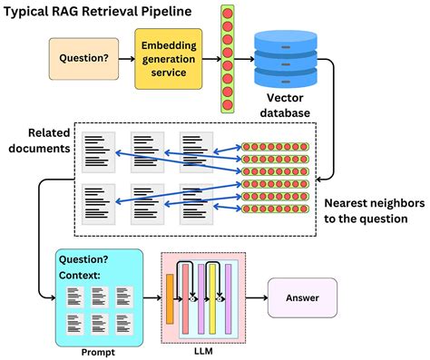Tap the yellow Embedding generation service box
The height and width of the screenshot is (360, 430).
click(169, 58)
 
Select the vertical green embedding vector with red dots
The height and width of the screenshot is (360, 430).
click(227, 58)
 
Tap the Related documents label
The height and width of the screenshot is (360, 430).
click(38, 140)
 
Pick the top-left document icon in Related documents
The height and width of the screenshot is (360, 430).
click(98, 151)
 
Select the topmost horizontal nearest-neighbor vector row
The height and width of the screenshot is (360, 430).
click(277, 146)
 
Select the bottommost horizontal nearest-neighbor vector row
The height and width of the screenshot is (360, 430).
click(277, 219)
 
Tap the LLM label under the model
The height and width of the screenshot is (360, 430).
click(204, 350)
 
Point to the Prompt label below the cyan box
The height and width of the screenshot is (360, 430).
click(97, 350)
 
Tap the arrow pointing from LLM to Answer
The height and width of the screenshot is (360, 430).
click(256, 296)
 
